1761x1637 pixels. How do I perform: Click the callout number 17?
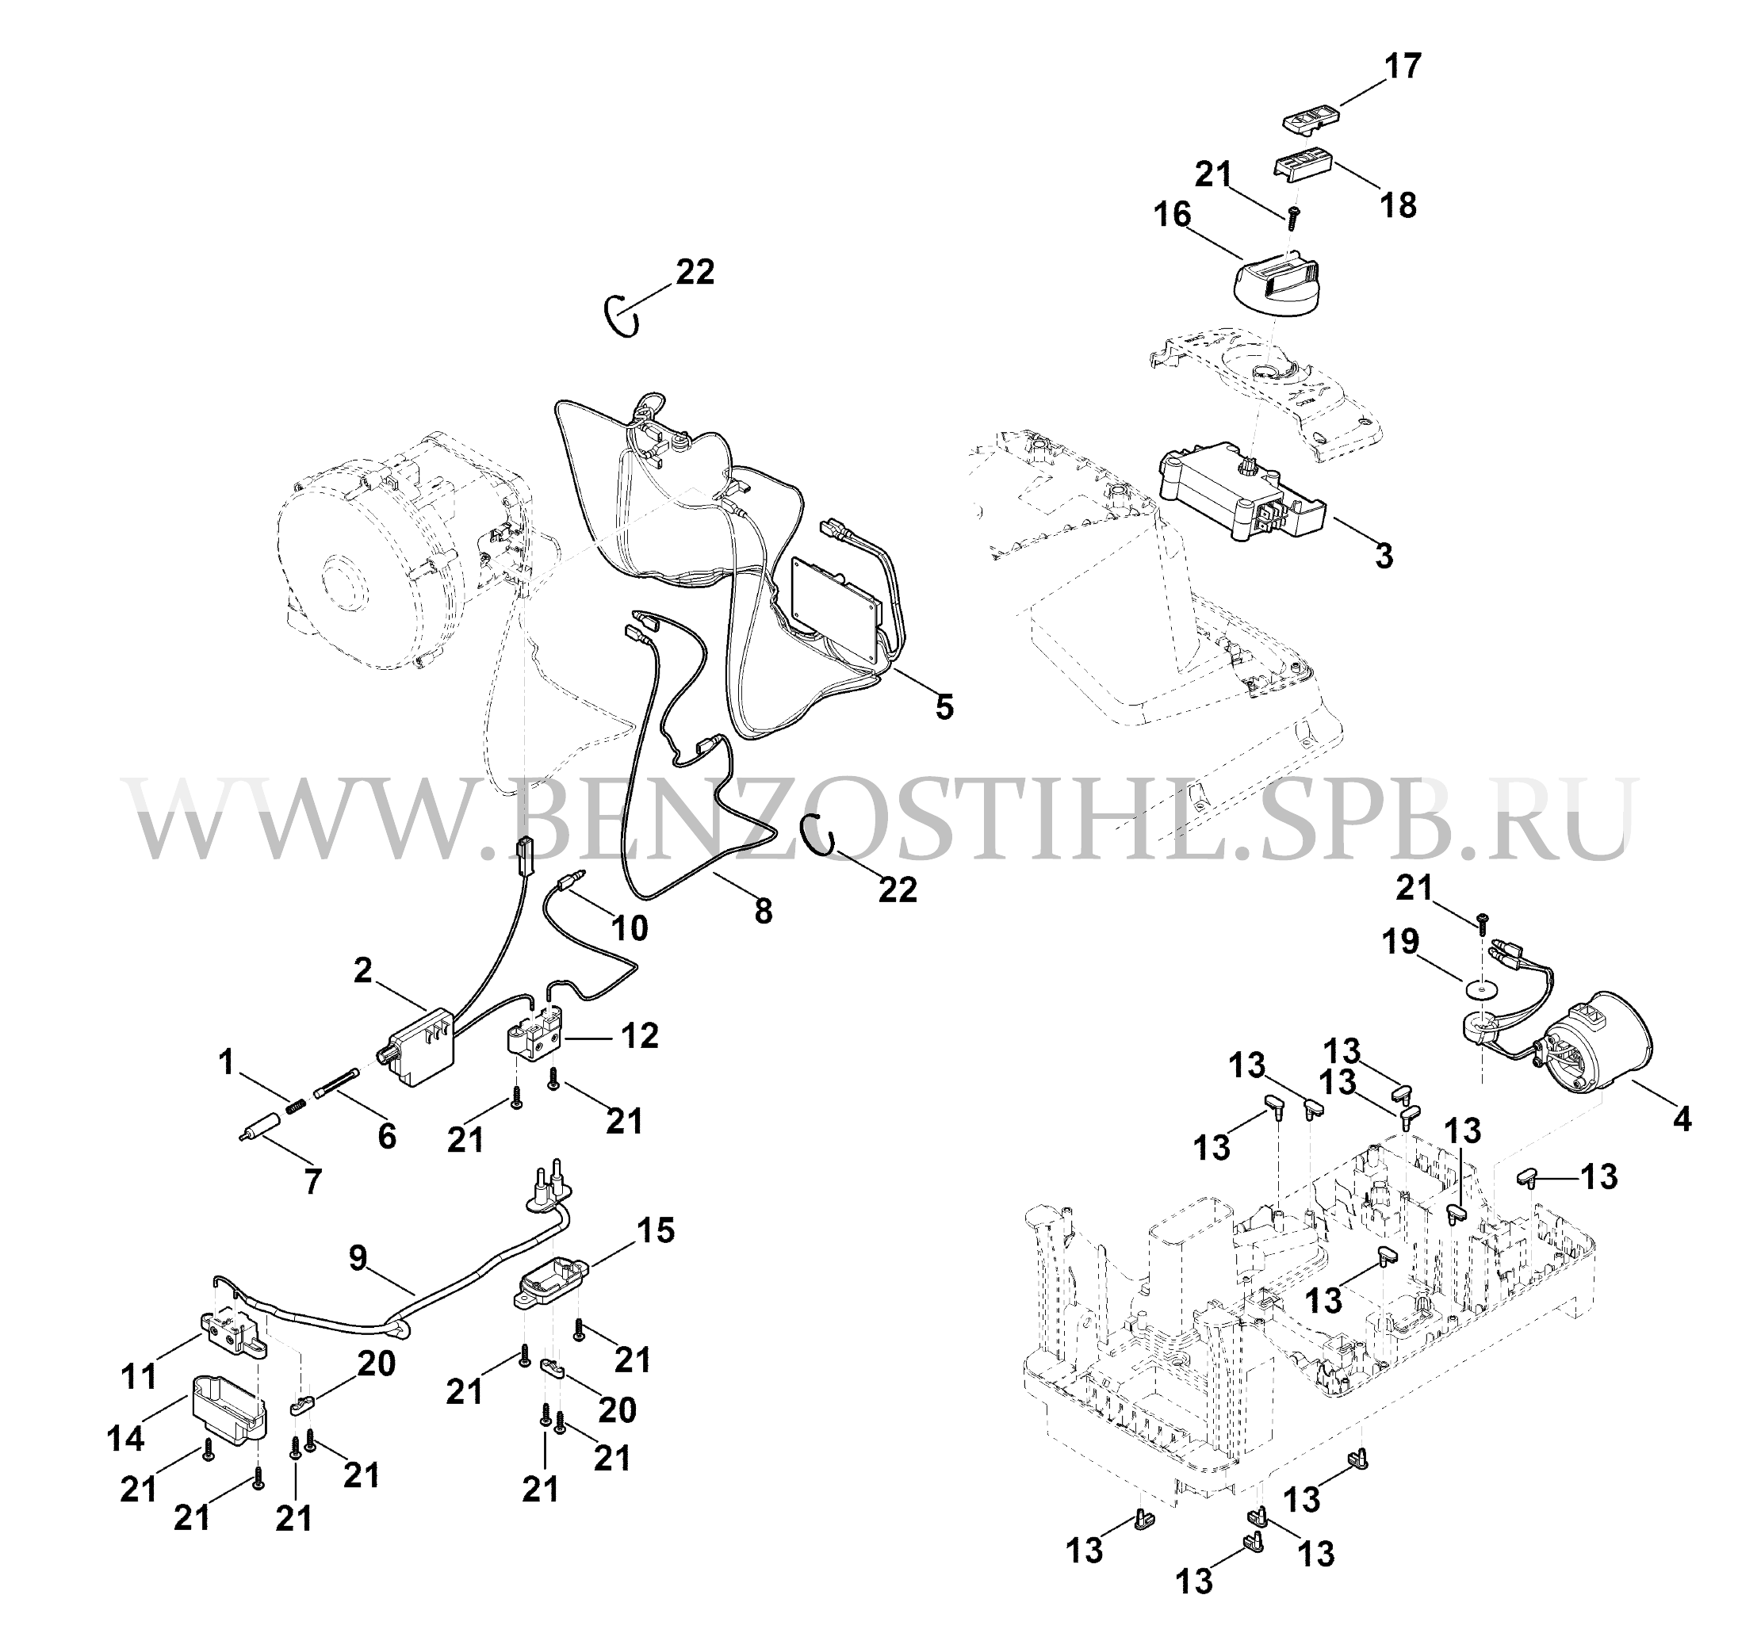point(1403,67)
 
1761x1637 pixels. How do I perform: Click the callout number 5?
point(945,706)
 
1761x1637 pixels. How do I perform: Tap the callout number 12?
point(640,1035)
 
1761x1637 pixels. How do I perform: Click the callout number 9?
point(358,1259)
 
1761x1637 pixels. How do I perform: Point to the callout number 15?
point(657,1230)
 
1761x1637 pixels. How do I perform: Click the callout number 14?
point(126,1439)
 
